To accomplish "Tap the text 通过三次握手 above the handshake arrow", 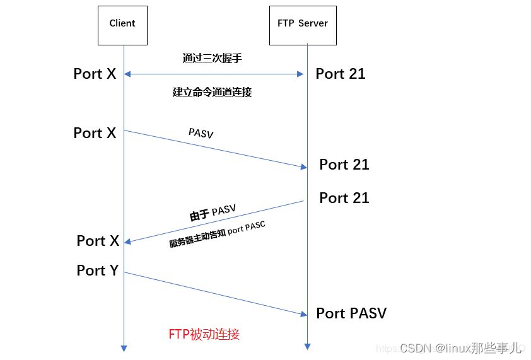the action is (x=213, y=58).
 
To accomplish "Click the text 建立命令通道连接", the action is (x=213, y=92).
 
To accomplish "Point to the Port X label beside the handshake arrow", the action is (x=95, y=74).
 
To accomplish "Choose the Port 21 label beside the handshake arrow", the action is (x=341, y=74).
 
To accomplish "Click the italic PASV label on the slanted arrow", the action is (x=201, y=133).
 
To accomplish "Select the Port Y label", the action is (x=98, y=270).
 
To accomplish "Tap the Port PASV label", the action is (x=351, y=313).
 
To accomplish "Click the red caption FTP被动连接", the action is (x=204, y=334).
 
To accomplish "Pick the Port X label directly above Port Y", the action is (x=98, y=241).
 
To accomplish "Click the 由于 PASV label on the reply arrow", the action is (x=213, y=213).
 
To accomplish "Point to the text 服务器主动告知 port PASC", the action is (x=217, y=235).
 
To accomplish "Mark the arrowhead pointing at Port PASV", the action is (x=304, y=314).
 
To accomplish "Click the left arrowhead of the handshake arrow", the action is (x=127, y=74).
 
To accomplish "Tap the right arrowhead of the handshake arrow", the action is (x=300, y=74).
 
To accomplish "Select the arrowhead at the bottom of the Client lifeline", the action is (x=124, y=349).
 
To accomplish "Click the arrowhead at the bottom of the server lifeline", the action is (x=308, y=347).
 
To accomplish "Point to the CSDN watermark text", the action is (x=460, y=348).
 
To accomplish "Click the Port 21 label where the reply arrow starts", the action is (x=344, y=198).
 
